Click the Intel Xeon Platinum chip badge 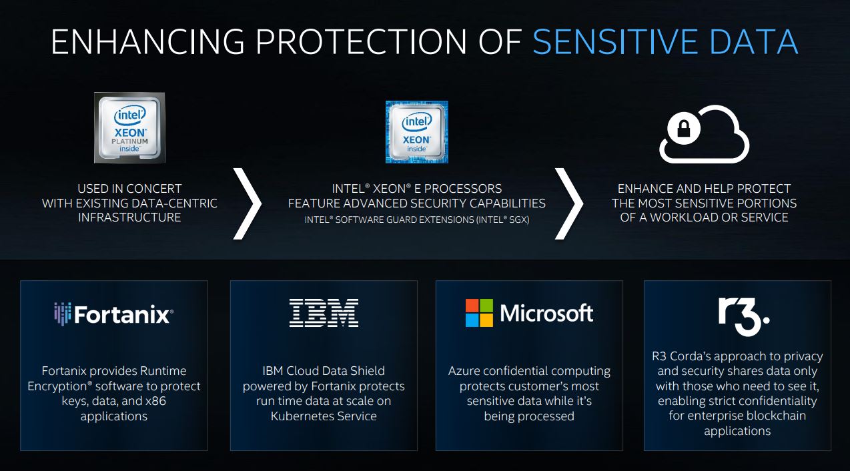tap(129, 127)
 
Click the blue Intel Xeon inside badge tap(416, 131)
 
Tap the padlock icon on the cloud tap(684, 129)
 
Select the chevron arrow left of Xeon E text tap(247, 203)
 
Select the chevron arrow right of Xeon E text tap(569, 203)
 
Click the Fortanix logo tap(114, 314)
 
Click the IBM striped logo tap(324, 313)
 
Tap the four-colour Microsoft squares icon tap(479, 313)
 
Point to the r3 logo tap(744, 317)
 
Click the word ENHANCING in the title tap(147, 42)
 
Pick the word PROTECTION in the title tap(361, 42)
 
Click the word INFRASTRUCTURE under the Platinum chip tap(129, 217)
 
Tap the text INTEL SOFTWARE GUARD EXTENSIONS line tap(416, 219)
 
